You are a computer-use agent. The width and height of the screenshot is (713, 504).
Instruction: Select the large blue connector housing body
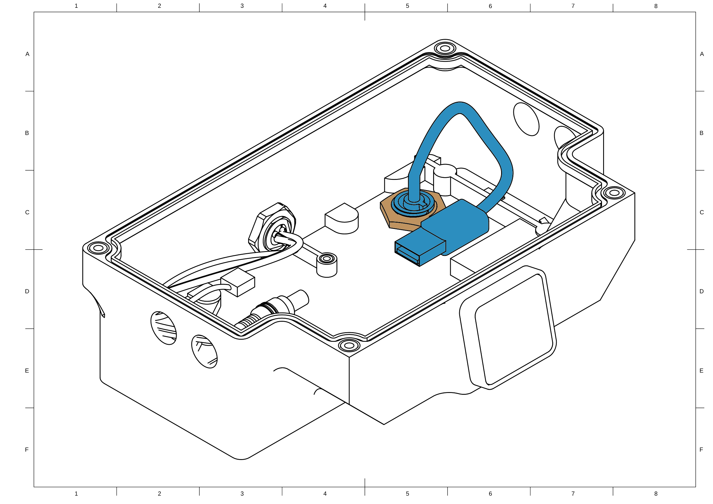pyautogui.click(x=456, y=224)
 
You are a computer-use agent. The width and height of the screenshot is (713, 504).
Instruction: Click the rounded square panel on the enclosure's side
pyautogui.click(x=509, y=329)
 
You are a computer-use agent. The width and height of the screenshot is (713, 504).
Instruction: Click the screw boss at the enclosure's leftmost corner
pyautogui.click(x=98, y=248)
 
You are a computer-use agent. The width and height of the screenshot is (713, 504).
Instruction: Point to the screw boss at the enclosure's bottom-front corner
pyautogui.click(x=349, y=345)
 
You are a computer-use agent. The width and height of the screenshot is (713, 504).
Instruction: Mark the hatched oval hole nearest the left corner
pyautogui.click(x=163, y=328)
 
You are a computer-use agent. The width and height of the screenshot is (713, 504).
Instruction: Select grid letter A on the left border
pyautogui.click(x=27, y=54)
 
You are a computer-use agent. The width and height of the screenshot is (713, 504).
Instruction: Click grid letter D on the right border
pyautogui.click(x=702, y=291)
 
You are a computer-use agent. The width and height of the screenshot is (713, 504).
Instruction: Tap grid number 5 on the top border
pyautogui.click(x=407, y=6)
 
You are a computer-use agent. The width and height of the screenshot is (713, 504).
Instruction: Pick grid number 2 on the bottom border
pyautogui.click(x=159, y=494)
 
